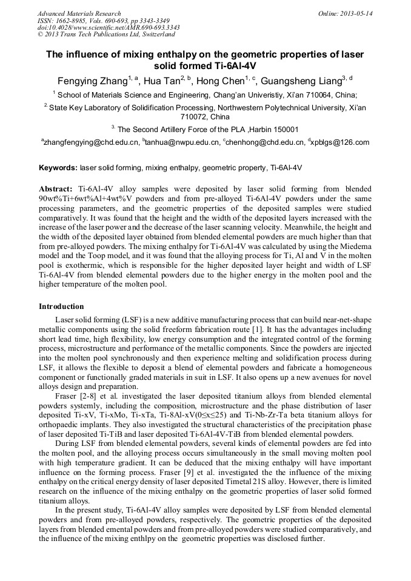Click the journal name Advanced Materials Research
click(x=79, y=13)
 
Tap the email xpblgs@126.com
click(x=341, y=142)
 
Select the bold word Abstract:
click(x=56, y=189)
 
